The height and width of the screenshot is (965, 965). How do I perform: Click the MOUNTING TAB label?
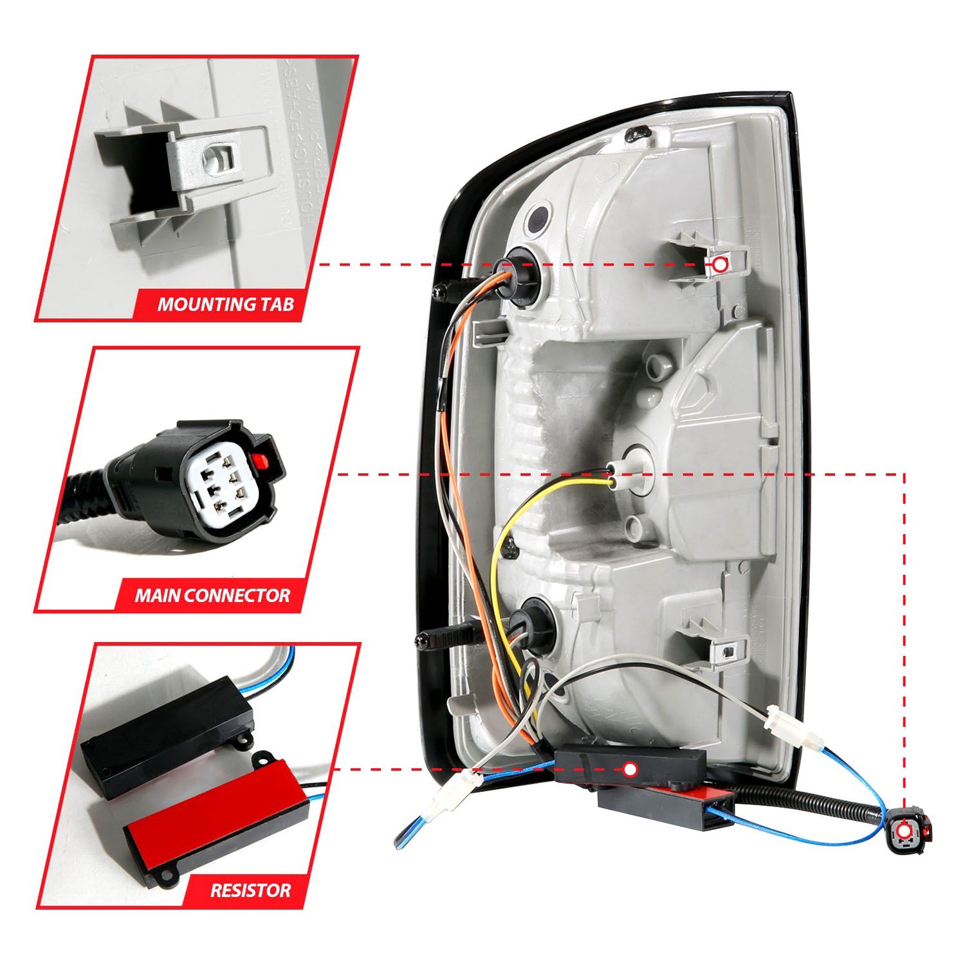coord(225,304)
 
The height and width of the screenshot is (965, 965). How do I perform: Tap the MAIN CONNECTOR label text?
coord(212,595)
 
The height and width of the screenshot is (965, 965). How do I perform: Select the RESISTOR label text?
coord(250,890)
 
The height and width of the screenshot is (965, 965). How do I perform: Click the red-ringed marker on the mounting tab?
coord(720,264)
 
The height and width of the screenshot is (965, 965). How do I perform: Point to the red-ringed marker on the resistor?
coord(630,769)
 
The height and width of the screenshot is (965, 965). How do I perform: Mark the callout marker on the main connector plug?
coord(905,831)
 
